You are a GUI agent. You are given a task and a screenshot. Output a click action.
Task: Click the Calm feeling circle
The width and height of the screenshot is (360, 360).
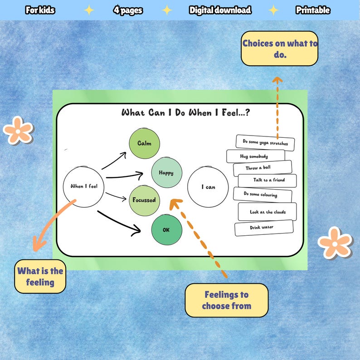click(x=144, y=143)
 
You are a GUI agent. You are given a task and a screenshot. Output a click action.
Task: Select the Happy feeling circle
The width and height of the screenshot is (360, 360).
click(x=166, y=173)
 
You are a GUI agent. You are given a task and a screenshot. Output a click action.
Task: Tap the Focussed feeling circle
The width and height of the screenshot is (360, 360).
click(x=144, y=200)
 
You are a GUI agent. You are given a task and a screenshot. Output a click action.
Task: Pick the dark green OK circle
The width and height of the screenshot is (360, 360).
click(x=166, y=229)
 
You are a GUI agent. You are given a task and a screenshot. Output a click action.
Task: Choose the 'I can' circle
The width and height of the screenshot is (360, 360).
click(x=208, y=187)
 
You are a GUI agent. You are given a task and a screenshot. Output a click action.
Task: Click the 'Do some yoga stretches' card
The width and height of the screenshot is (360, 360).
click(x=265, y=142)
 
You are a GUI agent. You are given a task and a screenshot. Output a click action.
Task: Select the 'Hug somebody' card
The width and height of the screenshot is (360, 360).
click(x=255, y=156)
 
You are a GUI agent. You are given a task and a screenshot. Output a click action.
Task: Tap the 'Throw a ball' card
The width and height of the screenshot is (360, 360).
click(x=262, y=168)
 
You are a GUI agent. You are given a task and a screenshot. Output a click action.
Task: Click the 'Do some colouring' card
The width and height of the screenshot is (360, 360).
click(x=261, y=195)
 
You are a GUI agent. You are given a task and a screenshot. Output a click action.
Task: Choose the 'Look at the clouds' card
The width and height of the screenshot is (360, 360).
click(x=267, y=212)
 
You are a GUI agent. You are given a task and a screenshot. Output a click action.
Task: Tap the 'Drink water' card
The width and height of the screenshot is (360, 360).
click(x=263, y=227)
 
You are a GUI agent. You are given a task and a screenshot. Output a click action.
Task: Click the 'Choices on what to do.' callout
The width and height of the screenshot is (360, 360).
click(x=279, y=49)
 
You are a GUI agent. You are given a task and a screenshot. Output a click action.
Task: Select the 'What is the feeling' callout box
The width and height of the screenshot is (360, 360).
click(x=40, y=276)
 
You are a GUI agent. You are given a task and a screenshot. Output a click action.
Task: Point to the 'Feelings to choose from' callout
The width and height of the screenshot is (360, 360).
click(x=226, y=300)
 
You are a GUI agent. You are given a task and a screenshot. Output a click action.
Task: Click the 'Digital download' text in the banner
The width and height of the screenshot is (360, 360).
click(x=220, y=10)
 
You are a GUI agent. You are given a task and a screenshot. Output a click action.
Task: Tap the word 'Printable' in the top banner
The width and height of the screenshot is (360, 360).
click(x=313, y=10)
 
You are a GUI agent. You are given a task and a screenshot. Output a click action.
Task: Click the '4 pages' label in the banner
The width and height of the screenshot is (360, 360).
click(x=128, y=10)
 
